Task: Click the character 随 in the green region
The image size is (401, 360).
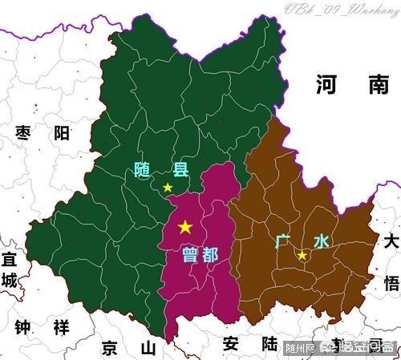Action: coord(144,169)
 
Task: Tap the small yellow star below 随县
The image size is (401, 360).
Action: coord(168,188)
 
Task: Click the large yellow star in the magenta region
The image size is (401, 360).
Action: coord(185,227)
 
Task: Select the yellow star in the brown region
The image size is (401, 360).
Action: coord(302,255)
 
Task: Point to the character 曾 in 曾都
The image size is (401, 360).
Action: coord(190,255)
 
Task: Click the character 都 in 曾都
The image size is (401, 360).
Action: coord(210,255)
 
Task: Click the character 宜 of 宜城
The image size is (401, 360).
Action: coord(9,260)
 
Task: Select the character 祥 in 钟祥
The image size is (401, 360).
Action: coord(60,327)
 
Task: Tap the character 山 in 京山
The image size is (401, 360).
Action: coord(147,347)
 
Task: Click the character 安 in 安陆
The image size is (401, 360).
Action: coord(231,344)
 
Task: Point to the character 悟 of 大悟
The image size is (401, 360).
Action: coord(391,283)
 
